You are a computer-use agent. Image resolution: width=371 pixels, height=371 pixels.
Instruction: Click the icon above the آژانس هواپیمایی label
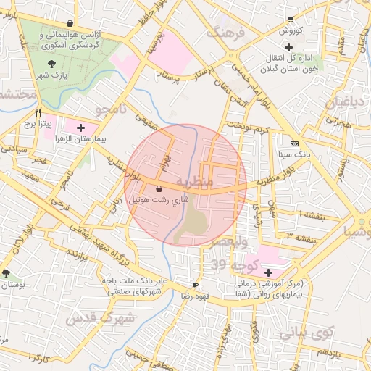coord(70,24)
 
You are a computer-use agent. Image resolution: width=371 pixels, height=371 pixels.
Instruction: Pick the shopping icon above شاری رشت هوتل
coord(159,188)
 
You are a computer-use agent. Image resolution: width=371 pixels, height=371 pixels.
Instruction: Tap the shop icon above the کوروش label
coord(291,20)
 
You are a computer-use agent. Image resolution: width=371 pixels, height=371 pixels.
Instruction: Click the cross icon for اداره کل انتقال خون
coord(288,47)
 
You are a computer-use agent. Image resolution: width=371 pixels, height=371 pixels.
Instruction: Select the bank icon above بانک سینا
coord(293,143)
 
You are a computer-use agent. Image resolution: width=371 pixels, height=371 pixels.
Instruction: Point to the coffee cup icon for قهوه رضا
coord(194,285)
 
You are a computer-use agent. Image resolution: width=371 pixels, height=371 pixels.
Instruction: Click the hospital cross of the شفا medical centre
coord(269,272)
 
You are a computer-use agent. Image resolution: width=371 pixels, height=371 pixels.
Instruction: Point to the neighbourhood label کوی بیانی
coord(304,333)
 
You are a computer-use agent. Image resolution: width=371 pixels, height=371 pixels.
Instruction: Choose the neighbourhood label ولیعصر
coord(232,241)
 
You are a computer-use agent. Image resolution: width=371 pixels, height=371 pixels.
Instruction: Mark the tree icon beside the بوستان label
coord(7,273)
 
